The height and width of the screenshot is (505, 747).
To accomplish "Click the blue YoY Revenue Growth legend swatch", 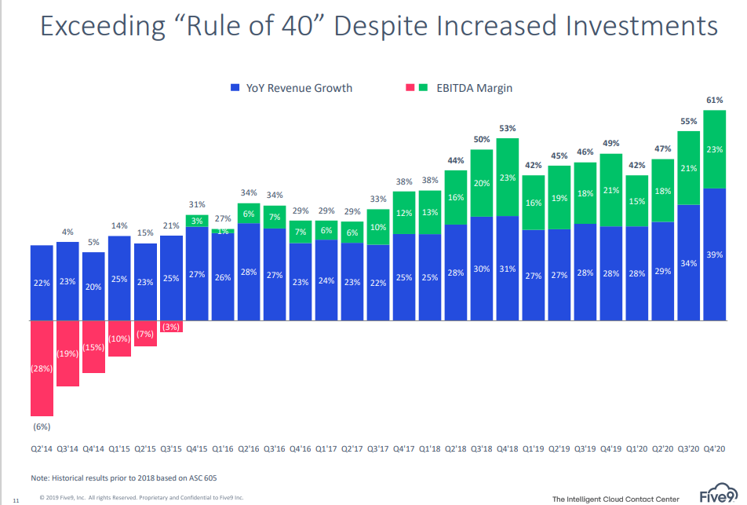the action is pos(235,88).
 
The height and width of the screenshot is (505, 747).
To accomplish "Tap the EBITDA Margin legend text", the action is pos(474,88).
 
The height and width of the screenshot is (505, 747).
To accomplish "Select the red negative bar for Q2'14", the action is pos(42,368).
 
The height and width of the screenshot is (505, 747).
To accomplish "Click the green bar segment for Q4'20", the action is pos(715,149).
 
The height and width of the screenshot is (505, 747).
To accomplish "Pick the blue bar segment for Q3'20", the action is pos(689,263).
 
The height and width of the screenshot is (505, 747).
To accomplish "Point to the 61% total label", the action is pos(715,101).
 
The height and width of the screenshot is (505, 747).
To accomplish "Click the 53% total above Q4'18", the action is pos(508,128).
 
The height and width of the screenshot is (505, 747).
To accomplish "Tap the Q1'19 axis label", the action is pos(533,448).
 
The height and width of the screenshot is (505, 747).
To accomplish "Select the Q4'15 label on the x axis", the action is pos(197,448).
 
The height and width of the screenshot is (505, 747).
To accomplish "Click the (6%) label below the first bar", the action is pos(42,426).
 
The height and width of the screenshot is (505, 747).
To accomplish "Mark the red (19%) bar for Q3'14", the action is pos(67,353).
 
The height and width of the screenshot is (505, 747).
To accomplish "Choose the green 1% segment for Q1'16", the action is pos(223,231).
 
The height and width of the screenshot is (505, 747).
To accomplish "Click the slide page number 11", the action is pos(16,501).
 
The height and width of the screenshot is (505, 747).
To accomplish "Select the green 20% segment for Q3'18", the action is pos(482,183).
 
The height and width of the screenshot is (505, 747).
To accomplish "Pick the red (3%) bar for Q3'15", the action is pos(171,327).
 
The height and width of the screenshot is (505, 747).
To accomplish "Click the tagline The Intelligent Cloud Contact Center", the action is pos(615,500).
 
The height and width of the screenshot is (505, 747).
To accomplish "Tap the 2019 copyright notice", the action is pos(141,497).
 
